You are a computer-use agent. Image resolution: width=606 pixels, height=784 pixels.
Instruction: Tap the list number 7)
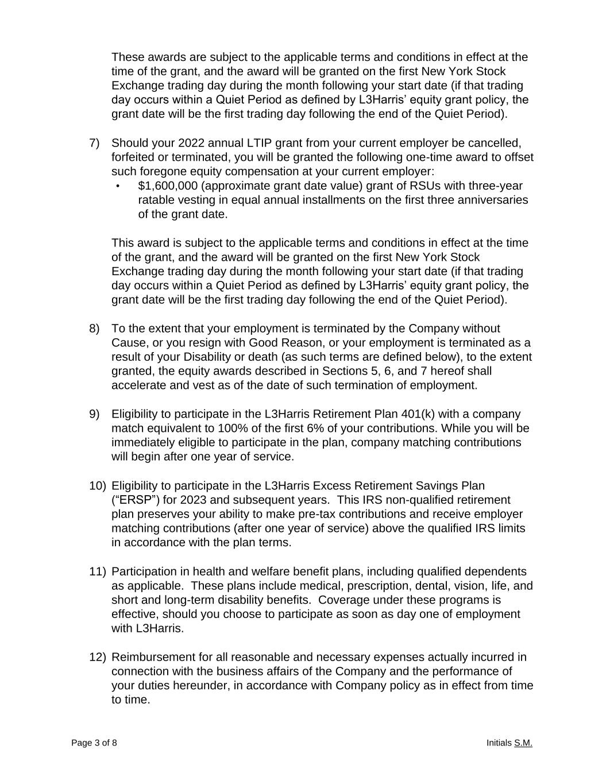point(95,143)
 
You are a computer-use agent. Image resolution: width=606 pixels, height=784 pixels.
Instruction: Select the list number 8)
point(95,329)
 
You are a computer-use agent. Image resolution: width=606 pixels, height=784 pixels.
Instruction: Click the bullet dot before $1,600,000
point(118,186)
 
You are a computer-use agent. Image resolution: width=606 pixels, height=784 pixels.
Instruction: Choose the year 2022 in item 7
point(192,143)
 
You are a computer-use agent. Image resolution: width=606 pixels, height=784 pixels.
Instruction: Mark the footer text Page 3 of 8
point(94,743)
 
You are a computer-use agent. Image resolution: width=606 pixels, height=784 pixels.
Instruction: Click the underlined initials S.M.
point(523,743)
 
